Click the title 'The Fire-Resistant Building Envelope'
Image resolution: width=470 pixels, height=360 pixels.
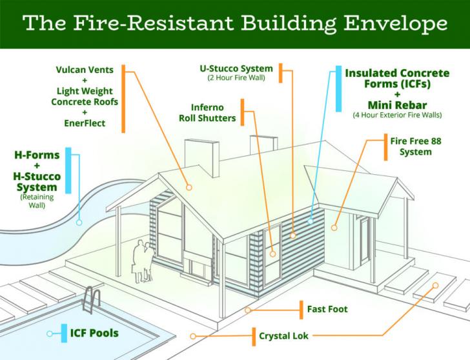[x=235, y=24]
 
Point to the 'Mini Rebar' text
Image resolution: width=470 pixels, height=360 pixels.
[x=395, y=105]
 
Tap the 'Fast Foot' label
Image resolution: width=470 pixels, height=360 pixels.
[x=327, y=310]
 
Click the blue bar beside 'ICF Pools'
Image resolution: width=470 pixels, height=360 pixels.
[x=64, y=333]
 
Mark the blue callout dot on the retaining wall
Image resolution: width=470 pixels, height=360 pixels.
[x=79, y=222]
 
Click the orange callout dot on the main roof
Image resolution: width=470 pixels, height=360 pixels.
[x=190, y=187]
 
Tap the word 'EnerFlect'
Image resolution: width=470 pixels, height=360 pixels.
[x=84, y=122]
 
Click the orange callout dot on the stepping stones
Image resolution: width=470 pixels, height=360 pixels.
[x=435, y=285]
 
